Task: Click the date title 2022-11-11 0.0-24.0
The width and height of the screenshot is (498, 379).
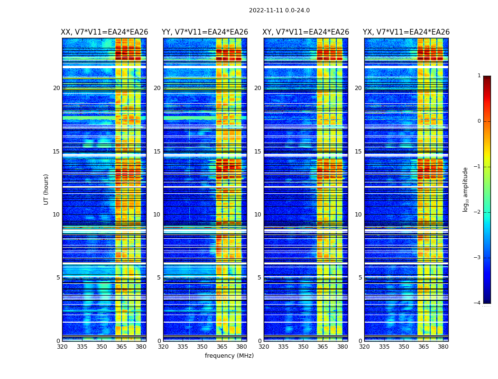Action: click(279, 10)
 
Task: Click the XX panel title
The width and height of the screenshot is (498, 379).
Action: click(104, 32)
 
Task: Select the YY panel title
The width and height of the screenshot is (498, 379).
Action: click(205, 32)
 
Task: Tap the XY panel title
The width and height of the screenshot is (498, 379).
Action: click(306, 32)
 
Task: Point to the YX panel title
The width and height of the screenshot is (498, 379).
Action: click(406, 32)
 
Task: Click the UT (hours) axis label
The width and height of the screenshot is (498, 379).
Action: click(46, 189)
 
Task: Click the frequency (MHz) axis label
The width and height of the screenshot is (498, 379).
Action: click(229, 356)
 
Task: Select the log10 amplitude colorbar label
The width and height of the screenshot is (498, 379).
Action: click(465, 189)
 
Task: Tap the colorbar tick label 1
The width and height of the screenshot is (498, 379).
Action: click(479, 76)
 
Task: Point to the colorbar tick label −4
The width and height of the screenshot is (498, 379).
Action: click(478, 303)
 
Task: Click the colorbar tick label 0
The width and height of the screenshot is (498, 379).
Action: click(479, 121)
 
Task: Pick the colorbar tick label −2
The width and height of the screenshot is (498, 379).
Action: click(478, 212)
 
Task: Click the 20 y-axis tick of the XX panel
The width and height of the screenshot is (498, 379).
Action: click(56, 88)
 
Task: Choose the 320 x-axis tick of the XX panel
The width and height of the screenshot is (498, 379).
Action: click(62, 347)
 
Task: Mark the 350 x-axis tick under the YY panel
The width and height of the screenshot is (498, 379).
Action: click(203, 347)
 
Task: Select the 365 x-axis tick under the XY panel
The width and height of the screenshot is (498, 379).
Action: click(323, 347)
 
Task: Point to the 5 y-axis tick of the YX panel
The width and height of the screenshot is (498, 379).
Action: click(360, 278)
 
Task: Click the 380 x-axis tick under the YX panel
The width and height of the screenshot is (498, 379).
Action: click(443, 347)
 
